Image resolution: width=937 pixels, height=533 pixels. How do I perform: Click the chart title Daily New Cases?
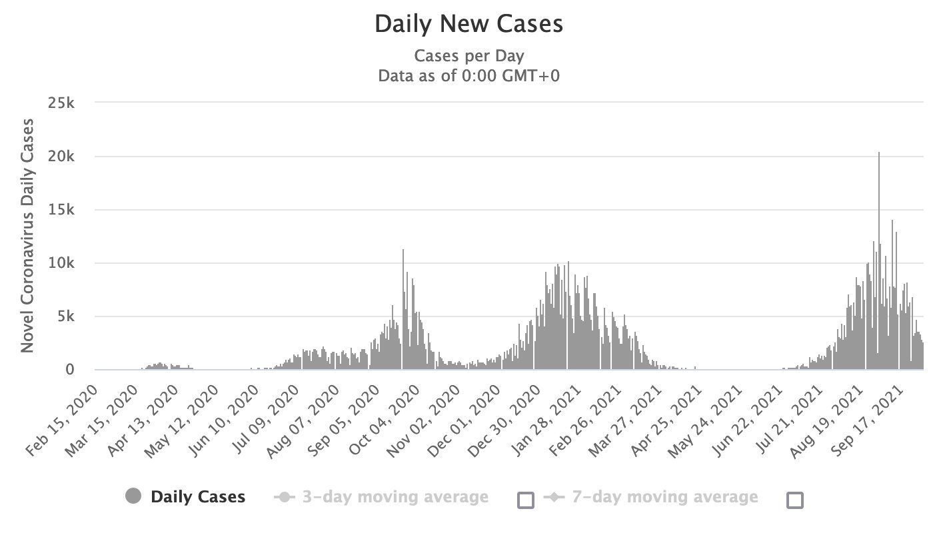click(468, 24)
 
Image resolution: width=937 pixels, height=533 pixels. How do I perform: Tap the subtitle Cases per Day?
click(468, 55)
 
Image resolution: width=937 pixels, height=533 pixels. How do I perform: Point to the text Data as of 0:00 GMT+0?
click(468, 75)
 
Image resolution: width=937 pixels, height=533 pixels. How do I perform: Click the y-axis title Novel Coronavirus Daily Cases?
click(27, 235)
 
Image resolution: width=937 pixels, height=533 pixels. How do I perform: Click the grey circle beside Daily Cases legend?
click(133, 497)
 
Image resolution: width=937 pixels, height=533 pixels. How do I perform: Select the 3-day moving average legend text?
click(395, 497)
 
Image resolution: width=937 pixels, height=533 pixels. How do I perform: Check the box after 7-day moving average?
click(795, 500)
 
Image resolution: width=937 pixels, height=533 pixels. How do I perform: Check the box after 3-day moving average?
click(526, 500)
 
